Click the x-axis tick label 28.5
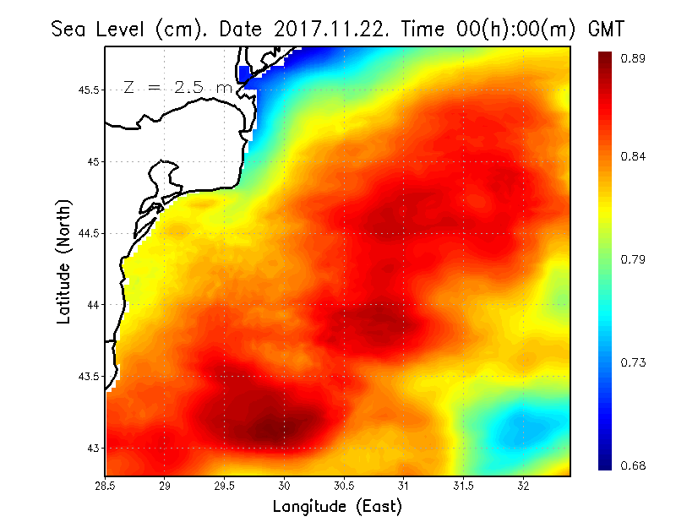[x=106, y=486]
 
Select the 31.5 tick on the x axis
[x=464, y=486]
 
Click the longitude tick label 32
[x=524, y=486]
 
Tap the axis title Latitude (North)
[x=64, y=262]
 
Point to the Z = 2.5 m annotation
[x=177, y=88]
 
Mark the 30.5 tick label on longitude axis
[x=345, y=486]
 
